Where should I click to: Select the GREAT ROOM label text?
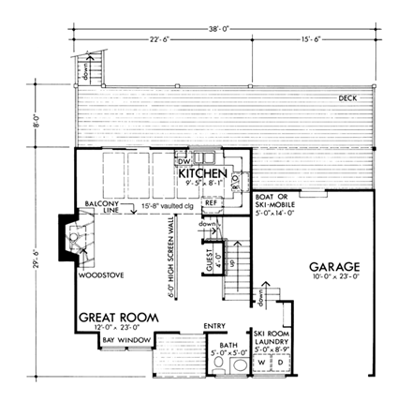coord(117,317)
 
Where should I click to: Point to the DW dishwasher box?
coord(185,159)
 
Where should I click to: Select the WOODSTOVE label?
coord(96,275)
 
